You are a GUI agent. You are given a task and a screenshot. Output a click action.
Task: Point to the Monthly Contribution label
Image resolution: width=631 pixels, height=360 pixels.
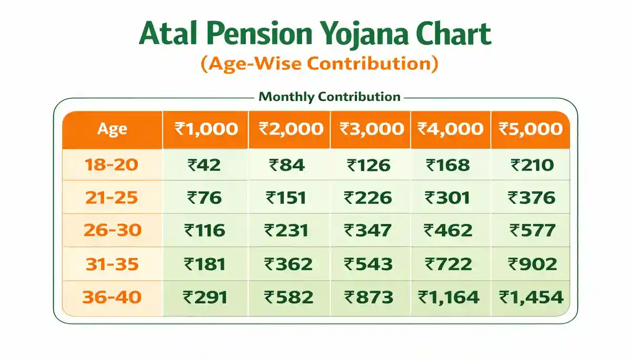330,97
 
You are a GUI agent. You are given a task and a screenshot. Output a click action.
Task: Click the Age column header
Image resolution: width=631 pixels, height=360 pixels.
112,129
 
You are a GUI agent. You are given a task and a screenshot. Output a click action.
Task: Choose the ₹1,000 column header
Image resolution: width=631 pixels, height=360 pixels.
206,129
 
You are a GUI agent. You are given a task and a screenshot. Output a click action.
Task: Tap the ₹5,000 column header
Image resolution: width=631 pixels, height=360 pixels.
531,129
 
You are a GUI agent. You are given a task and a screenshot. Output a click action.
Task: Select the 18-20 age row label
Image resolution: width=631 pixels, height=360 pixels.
111,165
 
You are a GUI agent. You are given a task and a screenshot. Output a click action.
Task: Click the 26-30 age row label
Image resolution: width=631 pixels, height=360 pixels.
111,230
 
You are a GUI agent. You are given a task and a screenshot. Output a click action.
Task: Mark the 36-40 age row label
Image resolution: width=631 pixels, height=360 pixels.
111,297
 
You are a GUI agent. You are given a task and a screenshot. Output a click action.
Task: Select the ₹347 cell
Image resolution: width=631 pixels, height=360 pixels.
368,230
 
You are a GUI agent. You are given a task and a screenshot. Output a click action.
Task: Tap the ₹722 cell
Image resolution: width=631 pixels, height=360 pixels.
449,264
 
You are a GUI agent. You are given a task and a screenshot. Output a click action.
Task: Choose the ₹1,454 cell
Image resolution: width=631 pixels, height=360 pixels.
531,297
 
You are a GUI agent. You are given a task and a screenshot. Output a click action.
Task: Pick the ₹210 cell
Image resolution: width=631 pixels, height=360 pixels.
532,166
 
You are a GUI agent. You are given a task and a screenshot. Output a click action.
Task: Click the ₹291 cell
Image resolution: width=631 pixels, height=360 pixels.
205,297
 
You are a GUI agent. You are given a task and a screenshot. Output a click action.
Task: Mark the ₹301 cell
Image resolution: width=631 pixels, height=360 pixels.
449,198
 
